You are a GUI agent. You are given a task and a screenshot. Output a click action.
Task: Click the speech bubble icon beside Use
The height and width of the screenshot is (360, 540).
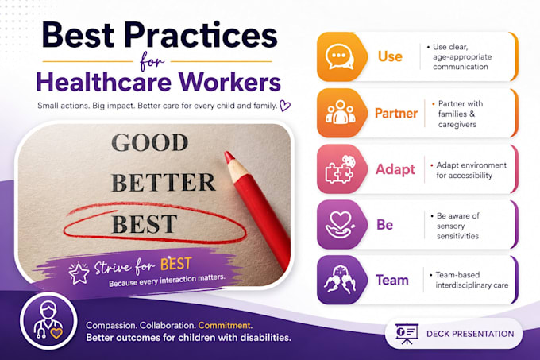tap(340, 57)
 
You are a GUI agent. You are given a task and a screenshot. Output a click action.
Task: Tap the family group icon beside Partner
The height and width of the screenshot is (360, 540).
tap(340, 112)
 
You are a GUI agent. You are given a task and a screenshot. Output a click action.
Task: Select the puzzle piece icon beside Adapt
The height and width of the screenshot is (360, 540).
tap(340, 168)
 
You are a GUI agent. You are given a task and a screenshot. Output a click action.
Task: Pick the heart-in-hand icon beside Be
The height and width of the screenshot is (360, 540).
tap(340, 225)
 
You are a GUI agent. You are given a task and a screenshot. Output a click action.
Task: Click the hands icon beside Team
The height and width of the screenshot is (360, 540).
tap(340, 280)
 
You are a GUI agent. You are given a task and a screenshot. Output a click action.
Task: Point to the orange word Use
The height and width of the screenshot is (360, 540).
tap(390, 56)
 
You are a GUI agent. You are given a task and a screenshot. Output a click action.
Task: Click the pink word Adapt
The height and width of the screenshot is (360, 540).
tap(395, 169)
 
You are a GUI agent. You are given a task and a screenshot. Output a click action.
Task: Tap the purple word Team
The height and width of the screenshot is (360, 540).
tap(392, 280)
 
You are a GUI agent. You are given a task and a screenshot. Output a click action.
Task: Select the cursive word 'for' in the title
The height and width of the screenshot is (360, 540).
tap(152, 62)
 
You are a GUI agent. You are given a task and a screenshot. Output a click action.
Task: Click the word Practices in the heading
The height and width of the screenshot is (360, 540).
tap(201, 35)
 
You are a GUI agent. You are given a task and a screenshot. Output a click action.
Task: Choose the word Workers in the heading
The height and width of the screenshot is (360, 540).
tap(229, 83)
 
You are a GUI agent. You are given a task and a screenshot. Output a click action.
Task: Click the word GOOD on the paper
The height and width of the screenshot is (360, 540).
tap(150, 142)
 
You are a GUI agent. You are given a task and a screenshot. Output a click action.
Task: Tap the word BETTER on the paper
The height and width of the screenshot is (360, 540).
tap(164, 182)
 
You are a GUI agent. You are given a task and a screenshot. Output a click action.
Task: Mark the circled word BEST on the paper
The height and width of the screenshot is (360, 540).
tap(145, 224)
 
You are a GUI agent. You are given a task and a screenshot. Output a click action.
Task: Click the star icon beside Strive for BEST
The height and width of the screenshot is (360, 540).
tap(79, 273)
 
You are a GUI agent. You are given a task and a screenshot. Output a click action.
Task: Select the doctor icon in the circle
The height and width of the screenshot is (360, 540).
tap(48, 320)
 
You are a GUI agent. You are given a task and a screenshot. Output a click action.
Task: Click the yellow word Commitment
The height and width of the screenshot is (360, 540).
tap(225, 326)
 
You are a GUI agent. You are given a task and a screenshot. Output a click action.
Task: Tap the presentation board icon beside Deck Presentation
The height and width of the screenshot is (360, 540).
tap(407, 334)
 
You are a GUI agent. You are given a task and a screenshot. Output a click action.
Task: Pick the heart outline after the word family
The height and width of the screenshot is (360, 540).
tap(285, 106)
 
